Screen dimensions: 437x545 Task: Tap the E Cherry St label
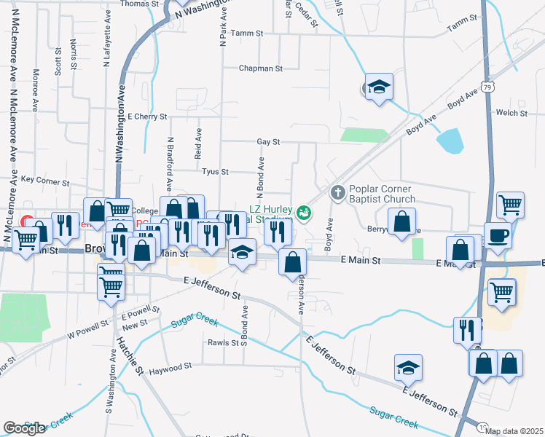[147, 116]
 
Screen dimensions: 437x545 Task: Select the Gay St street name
[268, 142]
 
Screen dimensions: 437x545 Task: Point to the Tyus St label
[215, 172]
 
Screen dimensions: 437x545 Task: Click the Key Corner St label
[45, 179]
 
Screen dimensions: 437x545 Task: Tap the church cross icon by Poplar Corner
[337, 193]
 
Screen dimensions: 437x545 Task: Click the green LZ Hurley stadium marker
[305, 213]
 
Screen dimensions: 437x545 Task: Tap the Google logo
[24, 428]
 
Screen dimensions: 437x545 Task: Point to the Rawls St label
[223, 342]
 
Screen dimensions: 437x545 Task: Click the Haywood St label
[170, 367]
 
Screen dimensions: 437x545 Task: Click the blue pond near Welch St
[450, 140]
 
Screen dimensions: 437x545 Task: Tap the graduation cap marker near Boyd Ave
[379, 87]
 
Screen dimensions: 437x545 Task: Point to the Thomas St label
[139, 4]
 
